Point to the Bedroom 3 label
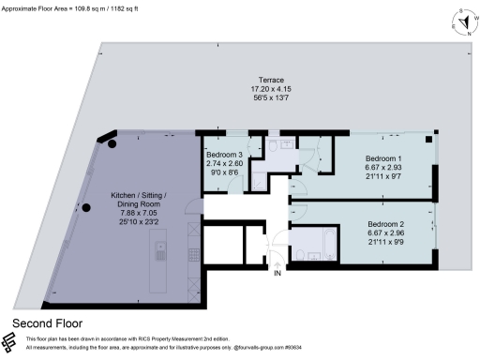point(224,154)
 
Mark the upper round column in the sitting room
point(112,143)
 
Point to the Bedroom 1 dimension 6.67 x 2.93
point(382,169)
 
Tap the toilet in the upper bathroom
point(274,145)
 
